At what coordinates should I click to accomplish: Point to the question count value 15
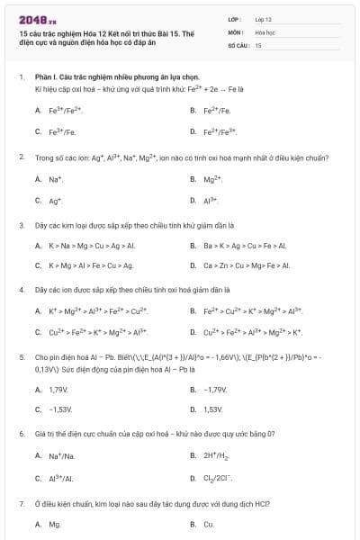tap(258, 44)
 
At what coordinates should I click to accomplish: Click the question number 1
tap(21, 77)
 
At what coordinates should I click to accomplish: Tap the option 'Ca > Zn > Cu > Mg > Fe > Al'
tap(246, 265)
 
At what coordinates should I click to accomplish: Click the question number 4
tap(21, 290)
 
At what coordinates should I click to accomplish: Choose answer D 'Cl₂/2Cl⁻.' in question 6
tap(220, 478)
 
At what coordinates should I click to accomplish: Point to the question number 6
tap(21, 434)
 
